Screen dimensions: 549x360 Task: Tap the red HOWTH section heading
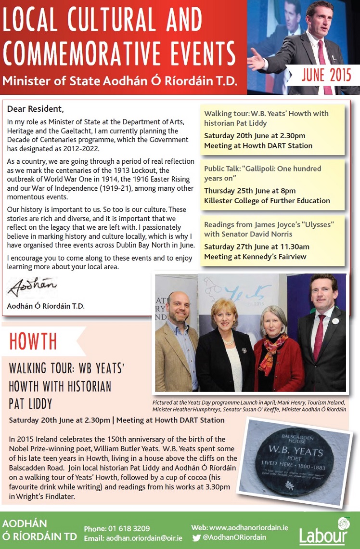tap(33, 341)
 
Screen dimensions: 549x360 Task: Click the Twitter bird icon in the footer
tap(196, 538)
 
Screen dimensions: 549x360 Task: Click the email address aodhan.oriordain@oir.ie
tap(140, 538)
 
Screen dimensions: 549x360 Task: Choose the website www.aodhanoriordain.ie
tap(249, 528)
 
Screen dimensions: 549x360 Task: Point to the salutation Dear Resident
tap(35, 108)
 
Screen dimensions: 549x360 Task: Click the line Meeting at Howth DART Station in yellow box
tap(258, 145)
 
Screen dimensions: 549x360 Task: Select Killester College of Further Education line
tap(267, 201)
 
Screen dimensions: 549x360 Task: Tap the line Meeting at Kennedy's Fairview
tap(255, 256)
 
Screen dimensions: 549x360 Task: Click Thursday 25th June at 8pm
tap(250, 191)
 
